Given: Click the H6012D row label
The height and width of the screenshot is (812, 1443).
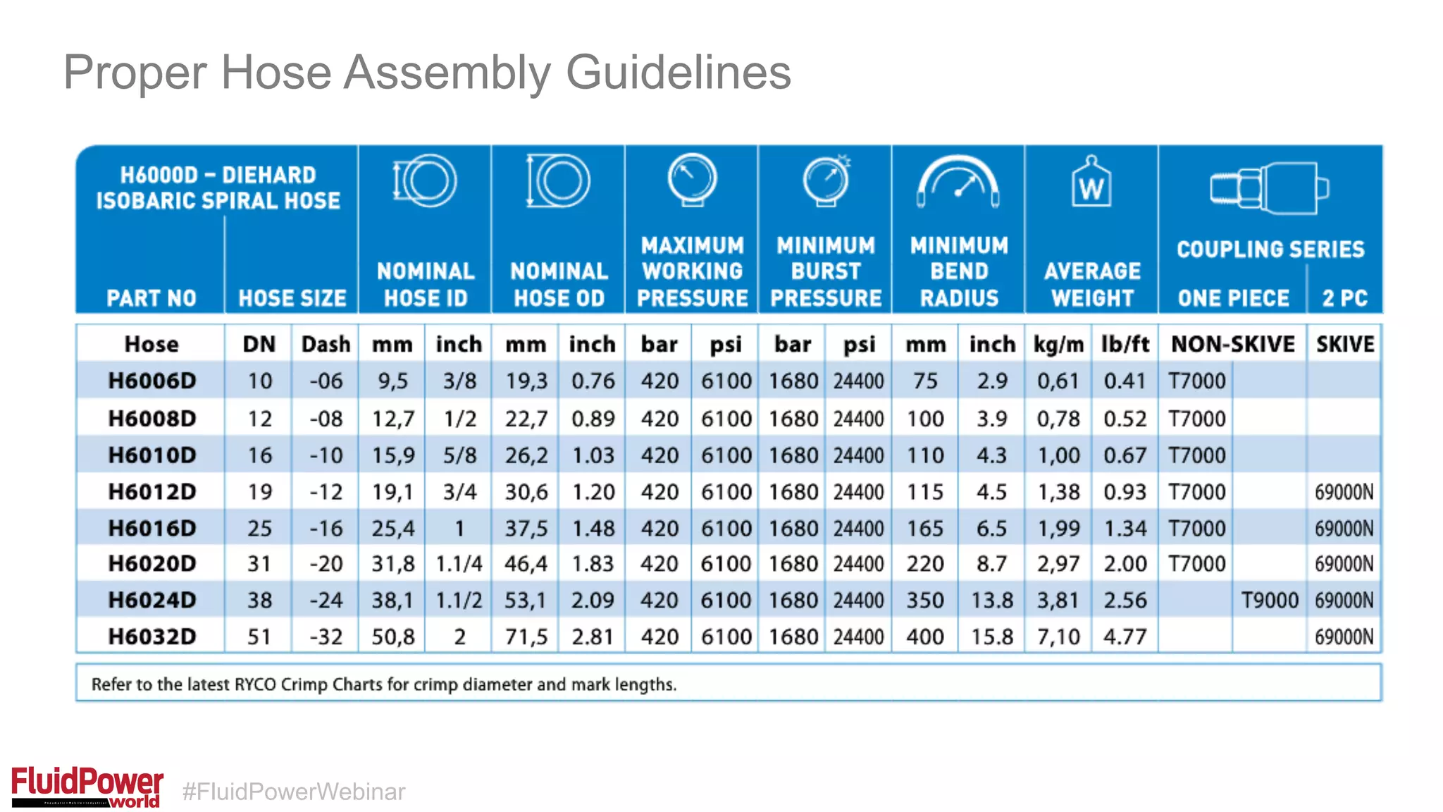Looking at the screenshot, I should (x=151, y=491).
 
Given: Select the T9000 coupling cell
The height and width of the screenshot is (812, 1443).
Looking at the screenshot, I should (x=1269, y=600).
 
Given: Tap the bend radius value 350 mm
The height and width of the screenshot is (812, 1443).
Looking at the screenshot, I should (x=924, y=600).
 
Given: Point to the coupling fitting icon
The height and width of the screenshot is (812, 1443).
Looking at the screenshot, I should (x=1269, y=188).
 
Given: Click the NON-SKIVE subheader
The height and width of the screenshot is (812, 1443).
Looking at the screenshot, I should (x=1232, y=344).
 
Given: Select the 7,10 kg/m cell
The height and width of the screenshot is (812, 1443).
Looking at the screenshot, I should (x=1058, y=636).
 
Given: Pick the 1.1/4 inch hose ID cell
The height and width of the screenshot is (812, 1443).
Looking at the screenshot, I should (x=459, y=564).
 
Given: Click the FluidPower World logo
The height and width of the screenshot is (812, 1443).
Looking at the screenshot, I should (x=87, y=786).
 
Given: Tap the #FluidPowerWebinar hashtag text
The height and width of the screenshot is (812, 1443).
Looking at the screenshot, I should (x=294, y=792).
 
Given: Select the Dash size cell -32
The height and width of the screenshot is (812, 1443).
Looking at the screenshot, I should (x=326, y=636).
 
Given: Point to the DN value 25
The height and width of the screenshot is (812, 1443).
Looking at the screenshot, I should (x=259, y=528).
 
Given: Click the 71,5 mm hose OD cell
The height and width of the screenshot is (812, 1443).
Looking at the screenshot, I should (x=526, y=636).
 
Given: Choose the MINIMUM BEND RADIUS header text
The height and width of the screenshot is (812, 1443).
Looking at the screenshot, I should (x=958, y=271).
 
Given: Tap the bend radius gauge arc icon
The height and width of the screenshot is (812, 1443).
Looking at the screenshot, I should (x=958, y=181).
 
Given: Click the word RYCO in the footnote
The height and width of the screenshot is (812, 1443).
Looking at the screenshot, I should (x=254, y=684).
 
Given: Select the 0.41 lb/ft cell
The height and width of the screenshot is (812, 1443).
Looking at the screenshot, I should (x=1125, y=381).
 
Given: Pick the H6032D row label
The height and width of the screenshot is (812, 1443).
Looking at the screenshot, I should (x=151, y=636).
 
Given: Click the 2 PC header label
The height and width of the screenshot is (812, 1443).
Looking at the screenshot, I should (x=1344, y=298).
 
